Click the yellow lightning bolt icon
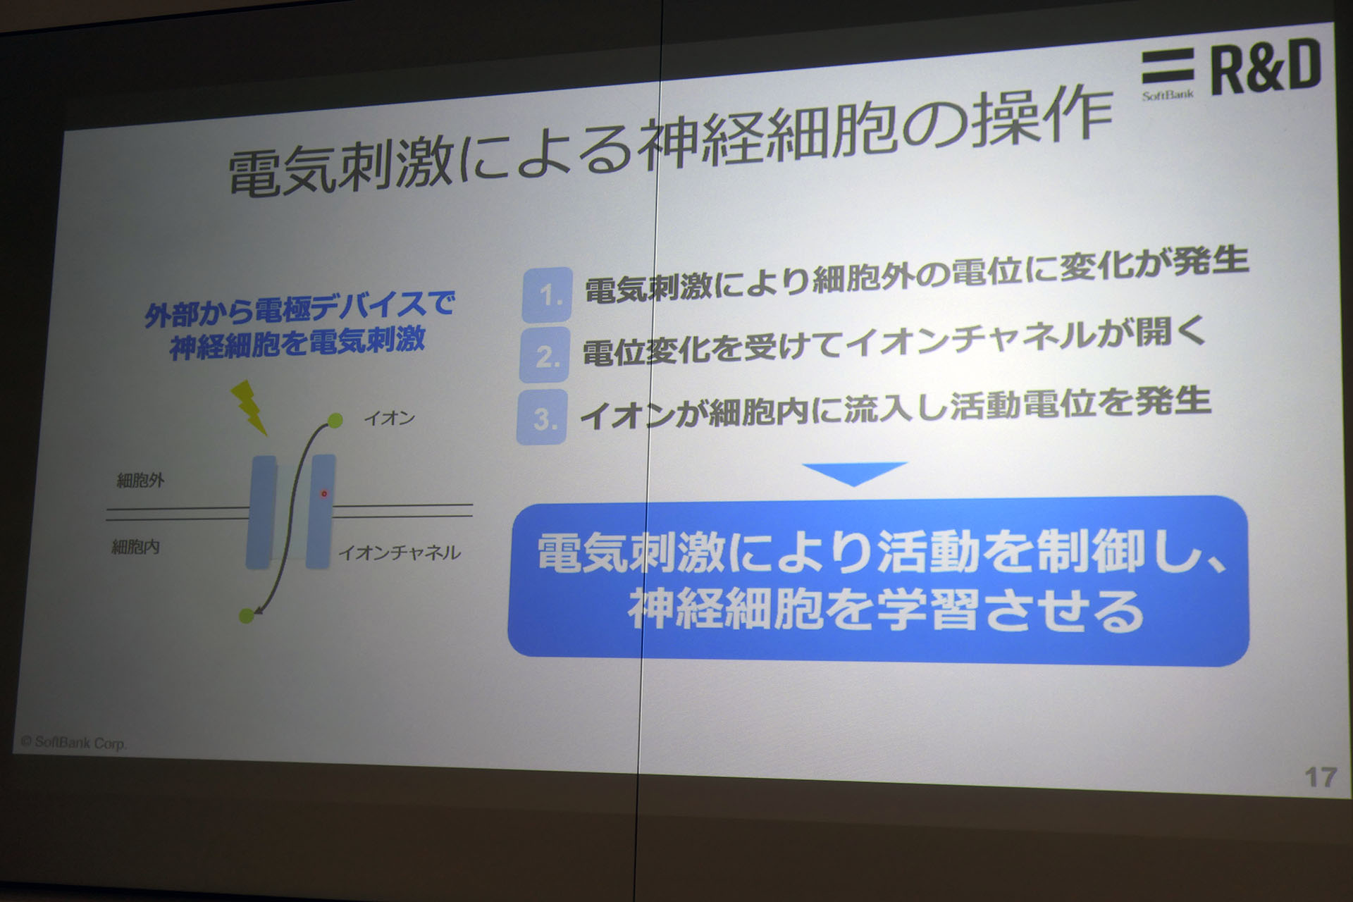click(x=251, y=407)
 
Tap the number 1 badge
click(x=548, y=295)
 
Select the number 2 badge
click(x=545, y=356)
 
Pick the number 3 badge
click(x=542, y=418)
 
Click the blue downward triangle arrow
click(x=853, y=473)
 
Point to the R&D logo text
click(x=1265, y=66)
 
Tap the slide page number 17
click(x=1320, y=777)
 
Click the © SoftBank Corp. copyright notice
click(x=73, y=742)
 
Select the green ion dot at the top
click(x=335, y=421)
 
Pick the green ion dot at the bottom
click(x=246, y=615)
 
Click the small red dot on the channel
click(x=324, y=493)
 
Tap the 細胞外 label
click(x=140, y=481)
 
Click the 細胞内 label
click(x=136, y=546)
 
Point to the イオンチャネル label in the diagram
click(x=400, y=552)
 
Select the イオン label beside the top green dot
click(x=389, y=418)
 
